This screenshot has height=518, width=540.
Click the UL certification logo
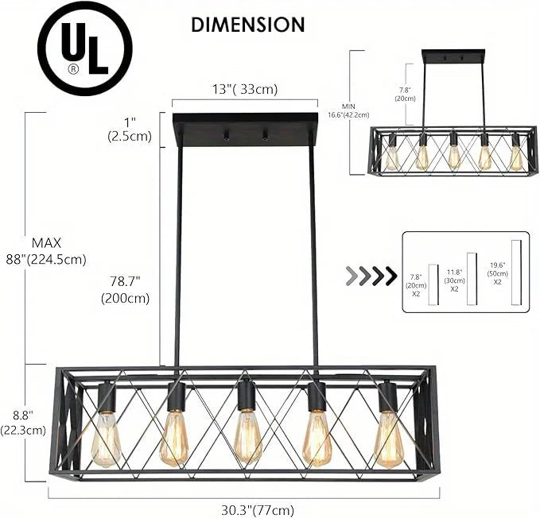coord(84,48)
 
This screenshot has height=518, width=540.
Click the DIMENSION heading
coord(247,25)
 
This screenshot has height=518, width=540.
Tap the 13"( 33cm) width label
coord(244,89)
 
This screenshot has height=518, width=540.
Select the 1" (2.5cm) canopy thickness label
coord(129,129)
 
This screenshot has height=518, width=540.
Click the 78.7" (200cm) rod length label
coord(125,290)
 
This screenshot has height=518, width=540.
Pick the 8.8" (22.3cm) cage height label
coord(23,422)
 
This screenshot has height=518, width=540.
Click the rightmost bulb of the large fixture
coord(387,438)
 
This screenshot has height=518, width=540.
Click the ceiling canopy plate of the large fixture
coord(245,129)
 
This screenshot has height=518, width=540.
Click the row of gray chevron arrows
coord(371,276)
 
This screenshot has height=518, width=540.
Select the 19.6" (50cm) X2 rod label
coord(497,273)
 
